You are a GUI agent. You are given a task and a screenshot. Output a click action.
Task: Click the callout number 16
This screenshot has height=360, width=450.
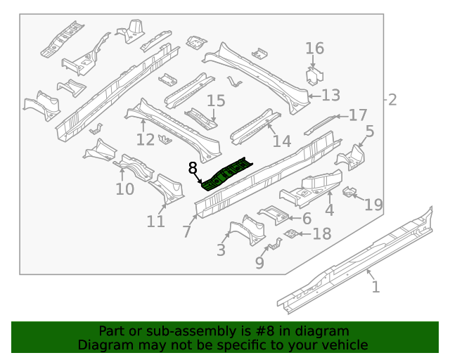click(x=314, y=49)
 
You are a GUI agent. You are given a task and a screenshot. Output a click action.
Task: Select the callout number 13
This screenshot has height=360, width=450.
click(x=330, y=96)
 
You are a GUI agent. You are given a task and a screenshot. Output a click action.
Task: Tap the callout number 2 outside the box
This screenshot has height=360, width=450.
click(x=392, y=100)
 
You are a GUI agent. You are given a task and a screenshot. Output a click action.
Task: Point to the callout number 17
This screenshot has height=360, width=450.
click(x=358, y=115)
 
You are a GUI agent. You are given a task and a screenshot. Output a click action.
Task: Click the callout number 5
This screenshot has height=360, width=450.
click(x=369, y=131)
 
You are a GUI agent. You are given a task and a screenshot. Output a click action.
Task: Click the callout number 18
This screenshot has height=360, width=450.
click(x=321, y=234)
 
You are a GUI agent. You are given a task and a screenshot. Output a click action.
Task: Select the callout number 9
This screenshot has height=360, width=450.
click(x=259, y=263)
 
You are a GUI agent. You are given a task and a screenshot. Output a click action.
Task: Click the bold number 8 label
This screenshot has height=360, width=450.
click(x=193, y=167)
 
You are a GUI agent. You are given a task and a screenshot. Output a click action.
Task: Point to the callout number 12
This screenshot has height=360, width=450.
click(x=145, y=139)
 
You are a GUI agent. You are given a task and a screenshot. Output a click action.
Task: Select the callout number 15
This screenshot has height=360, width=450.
click(x=215, y=101)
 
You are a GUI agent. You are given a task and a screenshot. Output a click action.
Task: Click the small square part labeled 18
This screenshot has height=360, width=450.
click(x=289, y=233)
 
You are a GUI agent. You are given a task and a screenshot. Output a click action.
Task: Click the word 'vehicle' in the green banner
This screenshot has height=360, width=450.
click(x=343, y=345)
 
